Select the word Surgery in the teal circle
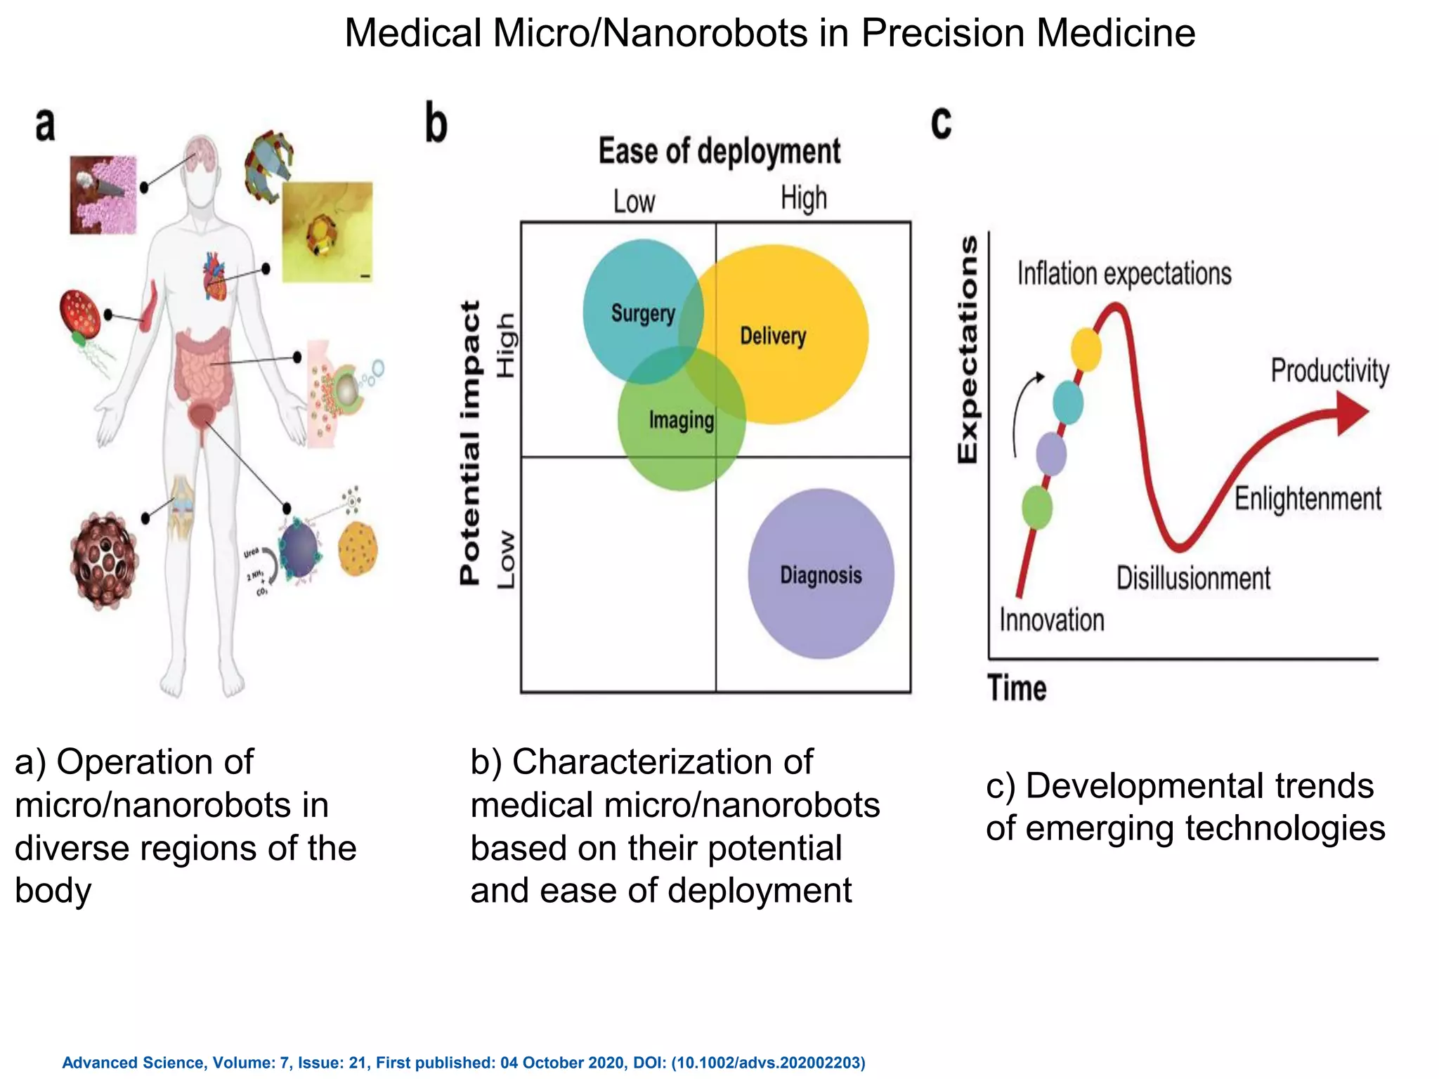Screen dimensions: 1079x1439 (642, 313)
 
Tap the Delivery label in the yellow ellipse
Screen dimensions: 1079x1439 (773, 336)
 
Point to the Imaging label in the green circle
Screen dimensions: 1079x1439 (681, 420)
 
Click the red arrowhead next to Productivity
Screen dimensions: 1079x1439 (1351, 412)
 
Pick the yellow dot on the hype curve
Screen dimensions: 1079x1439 (1086, 349)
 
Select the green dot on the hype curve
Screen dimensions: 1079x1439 (1036, 506)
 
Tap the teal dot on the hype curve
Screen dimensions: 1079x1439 (1068, 402)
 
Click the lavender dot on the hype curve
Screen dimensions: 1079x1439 (1051, 454)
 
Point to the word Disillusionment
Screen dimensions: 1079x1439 (1193, 578)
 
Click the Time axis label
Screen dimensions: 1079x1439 (1017, 688)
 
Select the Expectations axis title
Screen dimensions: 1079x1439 (968, 349)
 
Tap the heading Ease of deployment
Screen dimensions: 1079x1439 (719, 151)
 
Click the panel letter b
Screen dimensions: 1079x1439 (436, 124)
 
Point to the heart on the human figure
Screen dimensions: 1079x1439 (214, 276)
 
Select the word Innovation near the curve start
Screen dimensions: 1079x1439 (1051, 620)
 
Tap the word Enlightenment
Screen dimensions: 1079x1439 (1308, 499)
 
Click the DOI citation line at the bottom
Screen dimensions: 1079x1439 (464, 1063)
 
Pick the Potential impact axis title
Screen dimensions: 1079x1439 (469, 443)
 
